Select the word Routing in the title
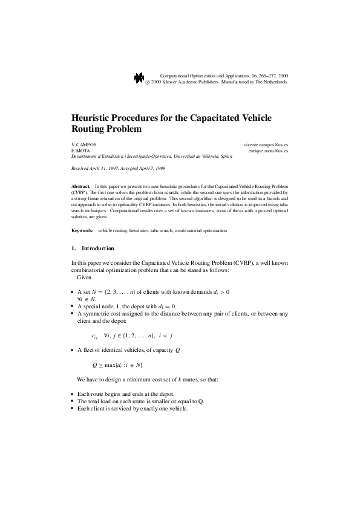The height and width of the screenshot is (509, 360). [x=91, y=129]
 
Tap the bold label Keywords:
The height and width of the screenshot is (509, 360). [x=82, y=230]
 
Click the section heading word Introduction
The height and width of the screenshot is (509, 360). [x=97, y=248]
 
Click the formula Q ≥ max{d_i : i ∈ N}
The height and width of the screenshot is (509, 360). [x=117, y=365]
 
